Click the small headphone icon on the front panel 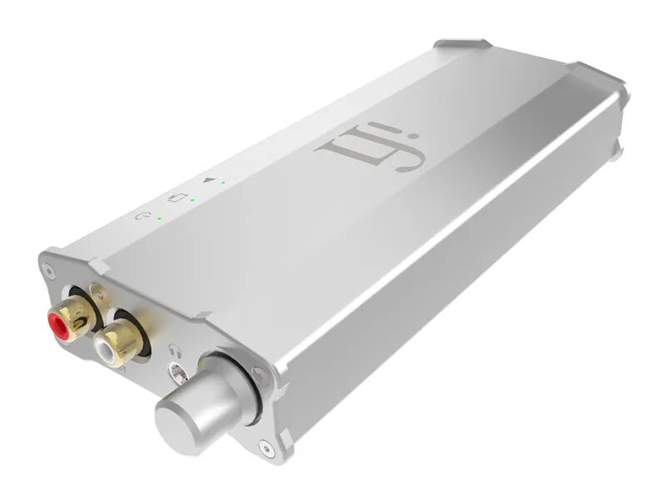click(173, 350)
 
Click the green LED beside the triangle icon click(223, 182)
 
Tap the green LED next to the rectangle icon click(192, 200)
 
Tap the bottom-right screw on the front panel click(265, 449)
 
